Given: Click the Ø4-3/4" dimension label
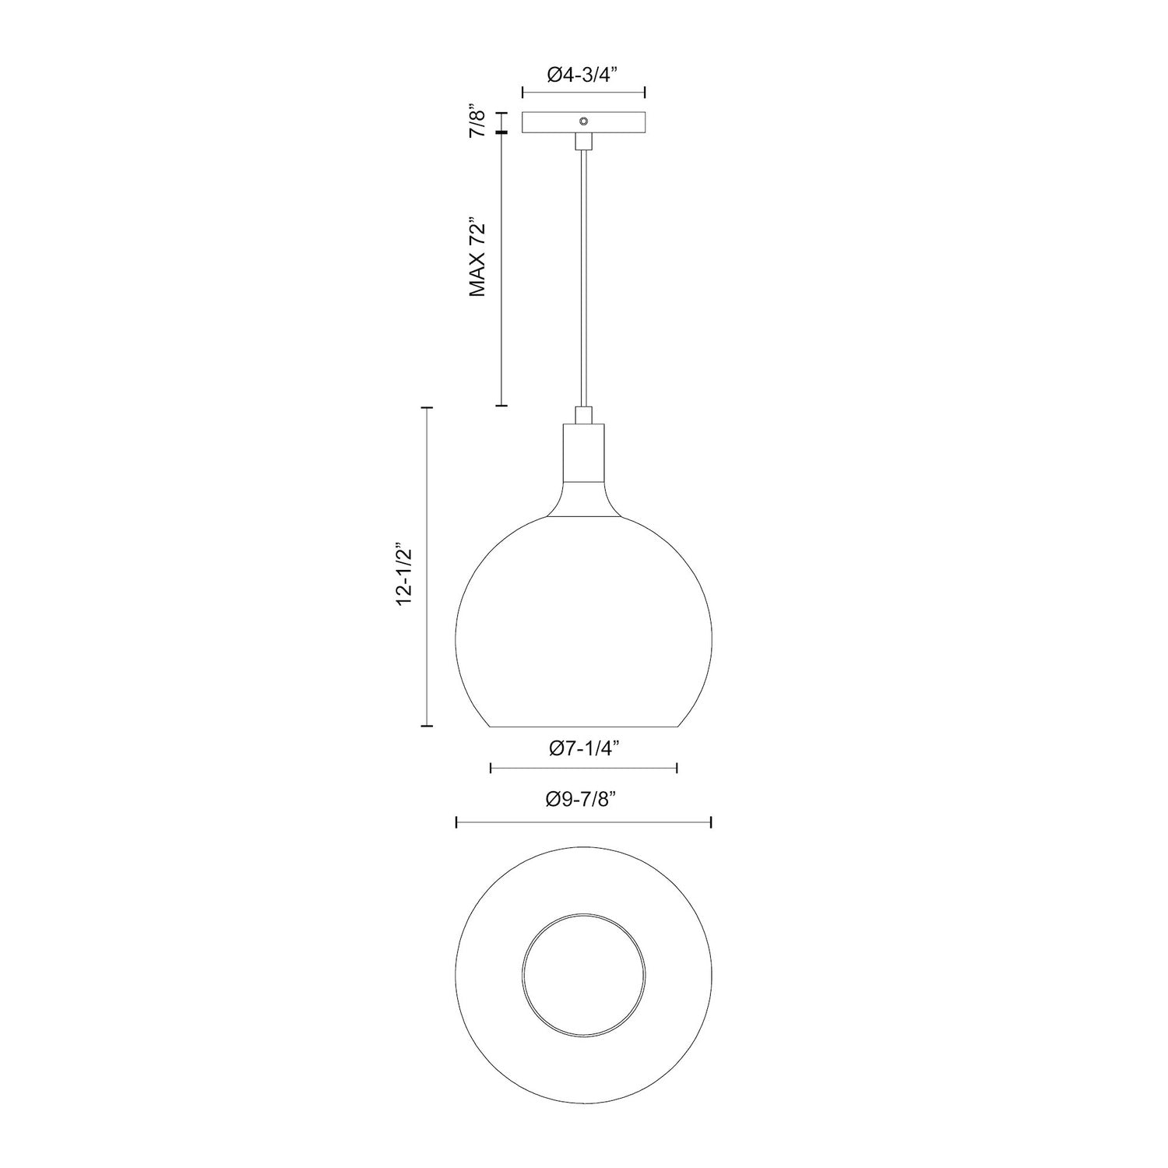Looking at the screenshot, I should [582, 75].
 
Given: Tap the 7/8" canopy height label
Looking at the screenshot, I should [478, 123].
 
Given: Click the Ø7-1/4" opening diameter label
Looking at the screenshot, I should [583, 749].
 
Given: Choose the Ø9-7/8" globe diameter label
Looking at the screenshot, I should [583, 799].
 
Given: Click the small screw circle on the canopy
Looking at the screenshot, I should [582, 121].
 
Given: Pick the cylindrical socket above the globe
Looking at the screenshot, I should [583, 452].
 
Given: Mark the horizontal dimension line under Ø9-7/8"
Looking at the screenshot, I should [583, 821].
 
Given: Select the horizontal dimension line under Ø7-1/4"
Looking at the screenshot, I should [583, 769].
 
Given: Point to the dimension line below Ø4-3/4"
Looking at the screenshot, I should [583, 93].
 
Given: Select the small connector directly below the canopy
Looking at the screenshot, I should [583, 141].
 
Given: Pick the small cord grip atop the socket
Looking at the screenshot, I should [583, 414].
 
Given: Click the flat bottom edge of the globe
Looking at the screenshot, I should [583, 726].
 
